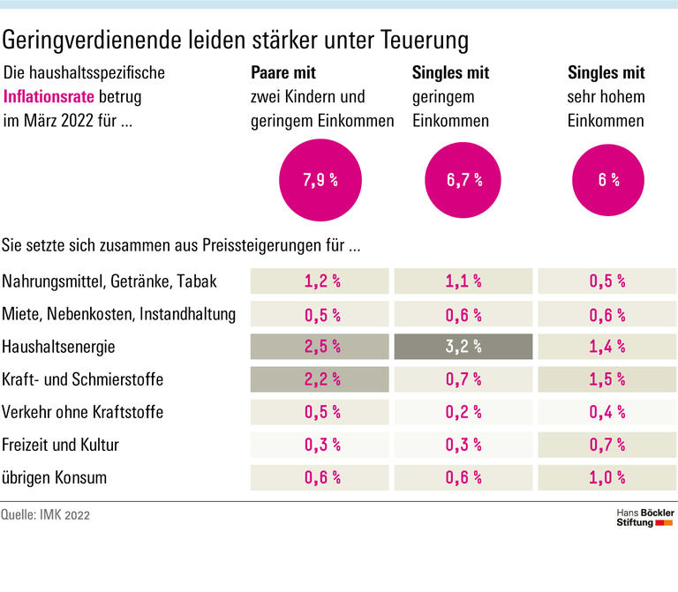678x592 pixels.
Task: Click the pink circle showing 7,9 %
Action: pyautogui.click(x=320, y=180)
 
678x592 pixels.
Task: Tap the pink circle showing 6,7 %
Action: pyautogui.click(x=464, y=180)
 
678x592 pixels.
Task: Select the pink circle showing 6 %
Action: pyautogui.click(x=607, y=180)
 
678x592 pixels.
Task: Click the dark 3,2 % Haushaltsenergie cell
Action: pyautogui.click(x=464, y=347)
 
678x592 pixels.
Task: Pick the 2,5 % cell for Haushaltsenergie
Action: pyautogui.click(x=320, y=347)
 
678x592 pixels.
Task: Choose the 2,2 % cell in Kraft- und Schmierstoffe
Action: pyautogui.click(x=320, y=379)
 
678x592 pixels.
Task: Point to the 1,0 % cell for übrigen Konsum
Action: pyautogui.click(x=607, y=477)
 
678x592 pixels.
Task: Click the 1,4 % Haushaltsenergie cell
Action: pyautogui.click(x=607, y=347)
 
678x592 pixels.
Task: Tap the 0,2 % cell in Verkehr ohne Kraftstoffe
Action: pyautogui.click(x=464, y=412)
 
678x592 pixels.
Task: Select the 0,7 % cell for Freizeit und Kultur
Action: pyautogui.click(x=607, y=445)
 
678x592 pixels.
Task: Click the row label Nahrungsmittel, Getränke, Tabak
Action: pyautogui.click(x=109, y=281)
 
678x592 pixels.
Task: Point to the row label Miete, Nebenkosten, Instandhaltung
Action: pyautogui.click(x=118, y=314)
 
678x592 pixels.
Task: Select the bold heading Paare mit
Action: pyautogui.click(x=283, y=73)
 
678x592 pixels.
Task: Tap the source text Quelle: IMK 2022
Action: pyautogui.click(x=46, y=515)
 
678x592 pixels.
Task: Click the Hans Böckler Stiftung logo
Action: pyautogui.click(x=644, y=517)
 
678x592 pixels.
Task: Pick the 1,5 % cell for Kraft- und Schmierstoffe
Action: pyautogui.click(x=607, y=379)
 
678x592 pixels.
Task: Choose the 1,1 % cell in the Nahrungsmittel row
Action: pyautogui.click(x=464, y=281)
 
